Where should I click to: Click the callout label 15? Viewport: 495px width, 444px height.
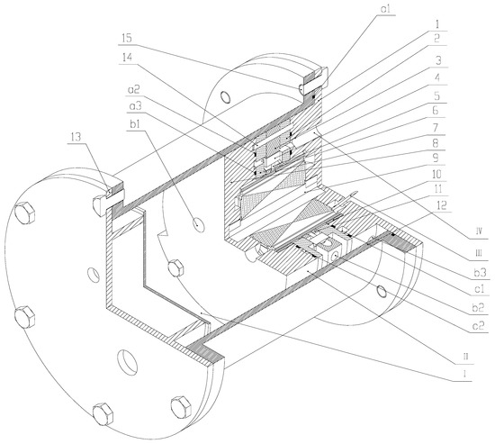point(126,39)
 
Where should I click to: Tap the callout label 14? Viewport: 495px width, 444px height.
point(126,58)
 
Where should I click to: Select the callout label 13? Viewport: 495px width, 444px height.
point(75,137)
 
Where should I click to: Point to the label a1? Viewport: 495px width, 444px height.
point(385,8)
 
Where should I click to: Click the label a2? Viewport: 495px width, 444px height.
point(133,90)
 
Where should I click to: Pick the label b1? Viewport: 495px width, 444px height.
point(135,124)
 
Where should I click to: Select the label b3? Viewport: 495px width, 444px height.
point(480,272)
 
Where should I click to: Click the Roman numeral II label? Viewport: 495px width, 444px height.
point(465,357)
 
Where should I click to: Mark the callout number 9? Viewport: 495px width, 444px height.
point(436,158)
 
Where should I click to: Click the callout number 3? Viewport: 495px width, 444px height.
point(438,60)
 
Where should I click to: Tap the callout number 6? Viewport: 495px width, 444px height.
point(436,110)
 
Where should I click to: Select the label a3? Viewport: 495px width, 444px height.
point(135,106)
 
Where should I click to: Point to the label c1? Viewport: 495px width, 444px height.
point(480,288)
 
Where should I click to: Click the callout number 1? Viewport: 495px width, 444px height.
point(437,24)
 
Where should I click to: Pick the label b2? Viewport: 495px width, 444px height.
point(479,307)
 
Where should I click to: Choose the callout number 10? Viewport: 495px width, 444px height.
point(436,174)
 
